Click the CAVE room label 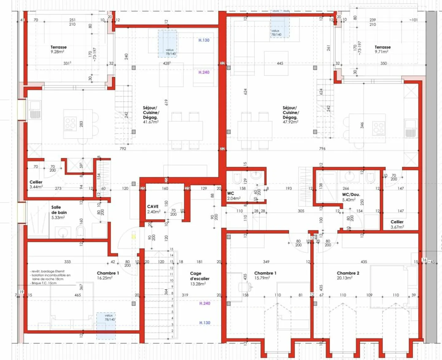pos(153,207)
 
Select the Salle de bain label pos(59,210)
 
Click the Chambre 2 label pos(348,273)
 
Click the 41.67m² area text pos(151,122)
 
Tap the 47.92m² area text pos(290,122)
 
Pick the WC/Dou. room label pos(351,194)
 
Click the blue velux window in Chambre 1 pos(106,326)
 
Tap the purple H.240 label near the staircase pos(205,303)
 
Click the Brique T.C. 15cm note pos(44,283)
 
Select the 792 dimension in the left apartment pos(123,149)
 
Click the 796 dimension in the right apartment pos(322,149)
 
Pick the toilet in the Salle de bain pos(80,232)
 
